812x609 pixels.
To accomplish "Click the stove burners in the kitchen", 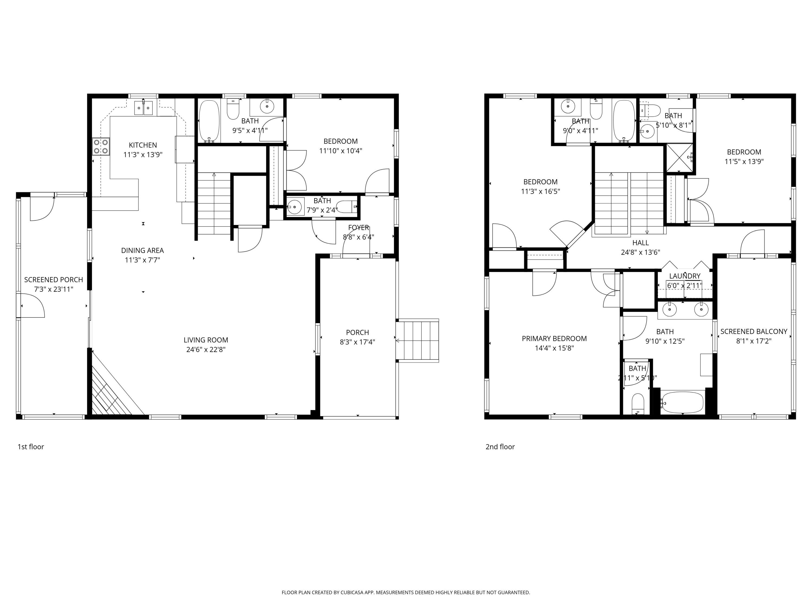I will pos(101,146).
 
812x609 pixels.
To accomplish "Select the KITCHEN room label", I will pos(143,145).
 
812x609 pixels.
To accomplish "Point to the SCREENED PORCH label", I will pos(54,280).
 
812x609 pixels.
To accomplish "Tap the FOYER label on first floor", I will pos(358,228).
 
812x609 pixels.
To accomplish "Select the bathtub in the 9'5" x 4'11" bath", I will pos(209,122).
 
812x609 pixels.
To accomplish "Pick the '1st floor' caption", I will pos(31,447).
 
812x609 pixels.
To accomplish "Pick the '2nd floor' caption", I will pos(500,447).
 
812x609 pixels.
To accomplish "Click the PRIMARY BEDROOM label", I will pos(554,338).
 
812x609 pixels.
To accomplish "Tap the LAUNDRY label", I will pos(685,276).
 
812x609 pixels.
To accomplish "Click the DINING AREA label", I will pos(142,250).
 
